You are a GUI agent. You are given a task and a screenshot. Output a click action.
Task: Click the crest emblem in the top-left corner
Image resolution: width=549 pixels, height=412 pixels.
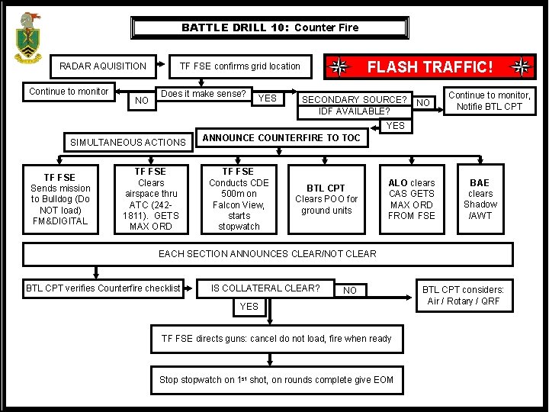pyautogui.click(x=28, y=37)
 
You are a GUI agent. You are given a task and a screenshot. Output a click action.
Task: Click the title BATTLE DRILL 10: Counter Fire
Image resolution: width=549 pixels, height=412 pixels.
pyautogui.click(x=269, y=27)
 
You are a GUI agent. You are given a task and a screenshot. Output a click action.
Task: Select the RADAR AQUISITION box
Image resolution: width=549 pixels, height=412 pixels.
pyautogui.click(x=103, y=66)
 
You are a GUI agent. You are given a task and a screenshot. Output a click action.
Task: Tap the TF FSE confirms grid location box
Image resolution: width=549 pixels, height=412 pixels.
pyautogui.click(x=240, y=66)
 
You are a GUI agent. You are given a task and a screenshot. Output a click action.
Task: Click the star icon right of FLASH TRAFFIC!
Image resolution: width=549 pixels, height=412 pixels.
pyautogui.click(x=522, y=67)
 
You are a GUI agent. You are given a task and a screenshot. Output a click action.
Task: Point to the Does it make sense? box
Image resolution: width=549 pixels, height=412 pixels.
pyautogui.click(x=204, y=94)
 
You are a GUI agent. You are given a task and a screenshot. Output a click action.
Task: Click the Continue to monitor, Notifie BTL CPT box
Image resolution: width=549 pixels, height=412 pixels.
pyautogui.click(x=489, y=101)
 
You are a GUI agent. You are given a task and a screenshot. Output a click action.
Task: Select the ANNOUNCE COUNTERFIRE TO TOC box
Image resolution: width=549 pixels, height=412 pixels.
pyautogui.click(x=281, y=138)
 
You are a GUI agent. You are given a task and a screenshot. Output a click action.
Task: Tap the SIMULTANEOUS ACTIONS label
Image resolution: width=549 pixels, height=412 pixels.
pyautogui.click(x=128, y=142)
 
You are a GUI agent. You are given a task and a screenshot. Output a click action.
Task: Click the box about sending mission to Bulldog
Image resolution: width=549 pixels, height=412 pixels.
pyautogui.click(x=59, y=199)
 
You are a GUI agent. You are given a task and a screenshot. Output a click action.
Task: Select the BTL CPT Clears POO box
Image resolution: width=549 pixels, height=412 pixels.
pyautogui.click(x=326, y=199)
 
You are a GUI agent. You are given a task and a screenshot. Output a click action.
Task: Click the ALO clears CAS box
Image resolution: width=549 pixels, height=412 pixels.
pyautogui.click(x=412, y=199)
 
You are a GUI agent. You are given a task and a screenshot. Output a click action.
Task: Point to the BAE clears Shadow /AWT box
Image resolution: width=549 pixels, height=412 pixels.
pyautogui.click(x=480, y=199)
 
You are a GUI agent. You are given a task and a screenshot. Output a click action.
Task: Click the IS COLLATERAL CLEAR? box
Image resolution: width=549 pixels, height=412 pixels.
pyautogui.click(x=265, y=288)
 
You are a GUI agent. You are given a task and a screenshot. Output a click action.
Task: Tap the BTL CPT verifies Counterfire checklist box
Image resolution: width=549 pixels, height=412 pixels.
pyautogui.click(x=104, y=288)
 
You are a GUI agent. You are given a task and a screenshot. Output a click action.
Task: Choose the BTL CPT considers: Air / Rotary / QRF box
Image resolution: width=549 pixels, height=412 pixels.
pyautogui.click(x=463, y=295)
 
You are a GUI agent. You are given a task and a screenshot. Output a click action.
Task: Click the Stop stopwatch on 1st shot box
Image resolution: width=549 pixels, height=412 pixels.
pyautogui.click(x=276, y=380)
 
